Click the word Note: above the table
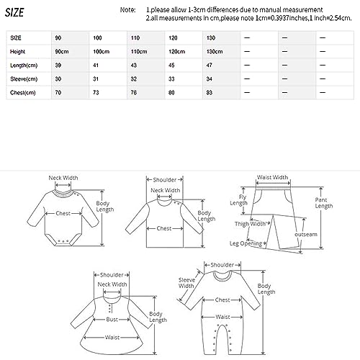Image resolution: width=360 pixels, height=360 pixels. click(x=127, y=9)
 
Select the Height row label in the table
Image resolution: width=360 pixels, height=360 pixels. click(x=19, y=53)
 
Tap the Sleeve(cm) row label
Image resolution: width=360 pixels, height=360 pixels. click(x=24, y=79)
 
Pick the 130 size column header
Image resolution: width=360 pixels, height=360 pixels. click(x=210, y=36)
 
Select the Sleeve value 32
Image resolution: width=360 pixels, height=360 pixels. click(x=133, y=79)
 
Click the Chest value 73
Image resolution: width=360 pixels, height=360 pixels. click(x=95, y=93)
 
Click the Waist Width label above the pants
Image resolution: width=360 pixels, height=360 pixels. click(x=271, y=177)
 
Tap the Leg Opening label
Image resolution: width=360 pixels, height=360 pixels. click(x=245, y=243)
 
